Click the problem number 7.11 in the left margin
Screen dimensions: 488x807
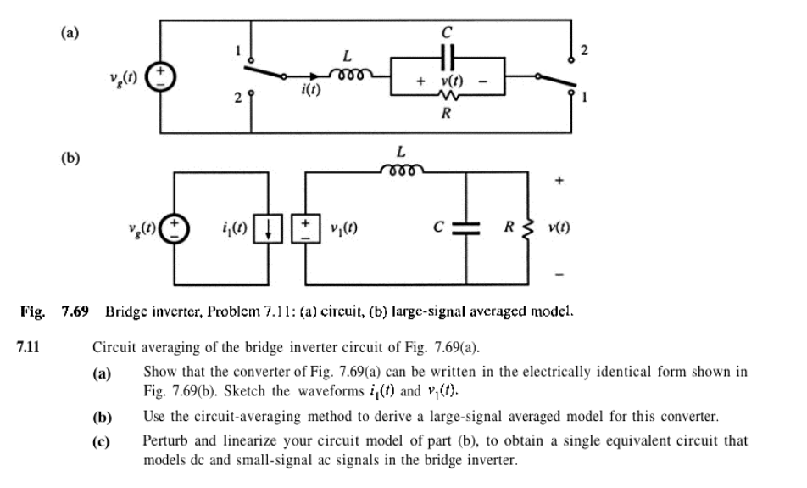(30, 346)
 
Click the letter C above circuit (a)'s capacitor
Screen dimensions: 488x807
(448, 32)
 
